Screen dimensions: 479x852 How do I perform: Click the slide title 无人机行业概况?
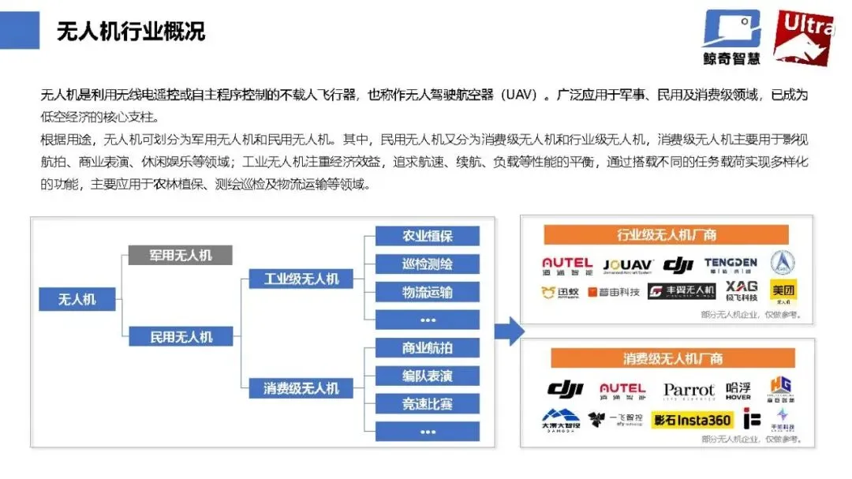point(131,32)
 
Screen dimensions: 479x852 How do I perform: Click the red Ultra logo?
point(803,36)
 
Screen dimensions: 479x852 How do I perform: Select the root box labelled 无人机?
point(77,299)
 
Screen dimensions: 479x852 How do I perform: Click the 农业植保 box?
point(427,236)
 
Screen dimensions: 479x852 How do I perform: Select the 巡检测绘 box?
point(427,264)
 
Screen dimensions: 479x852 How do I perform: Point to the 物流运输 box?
point(427,292)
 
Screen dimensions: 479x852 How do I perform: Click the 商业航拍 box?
point(427,348)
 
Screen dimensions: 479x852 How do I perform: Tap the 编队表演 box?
point(427,376)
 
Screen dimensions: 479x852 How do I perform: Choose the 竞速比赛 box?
point(427,404)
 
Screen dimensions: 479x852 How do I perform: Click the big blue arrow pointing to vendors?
point(510,331)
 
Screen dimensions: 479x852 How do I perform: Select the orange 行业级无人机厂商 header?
point(667,234)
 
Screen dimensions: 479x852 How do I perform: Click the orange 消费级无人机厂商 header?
point(667,359)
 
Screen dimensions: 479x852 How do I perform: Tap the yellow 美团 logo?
point(783,291)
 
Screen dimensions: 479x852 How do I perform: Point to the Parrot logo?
point(689,391)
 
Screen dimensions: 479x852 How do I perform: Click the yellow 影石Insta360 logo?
point(692,421)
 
